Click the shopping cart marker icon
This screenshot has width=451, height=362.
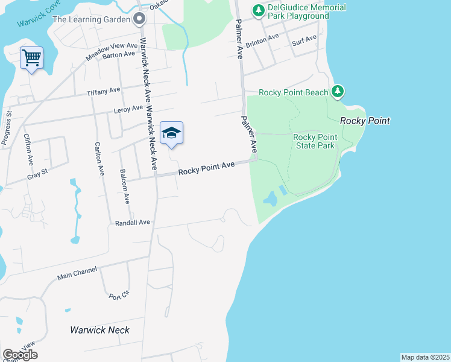(x=31, y=59)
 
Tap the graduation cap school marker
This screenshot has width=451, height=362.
(x=171, y=133)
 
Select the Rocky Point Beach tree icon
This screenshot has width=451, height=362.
(x=338, y=92)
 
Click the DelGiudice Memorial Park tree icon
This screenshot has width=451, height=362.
(x=259, y=10)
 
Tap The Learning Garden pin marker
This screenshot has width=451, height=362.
(x=140, y=19)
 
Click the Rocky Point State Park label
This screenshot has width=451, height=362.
(x=314, y=141)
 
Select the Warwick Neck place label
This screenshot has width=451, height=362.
(x=99, y=330)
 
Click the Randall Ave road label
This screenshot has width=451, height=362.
(x=132, y=223)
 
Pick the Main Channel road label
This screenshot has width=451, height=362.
(x=77, y=275)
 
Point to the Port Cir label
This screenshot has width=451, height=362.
(x=118, y=296)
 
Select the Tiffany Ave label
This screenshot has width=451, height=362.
(x=104, y=91)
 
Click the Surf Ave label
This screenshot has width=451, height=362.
(x=304, y=40)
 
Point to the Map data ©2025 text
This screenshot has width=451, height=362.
(x=425, y=357)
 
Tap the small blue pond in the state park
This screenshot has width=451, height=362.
(x=271, y=198)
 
